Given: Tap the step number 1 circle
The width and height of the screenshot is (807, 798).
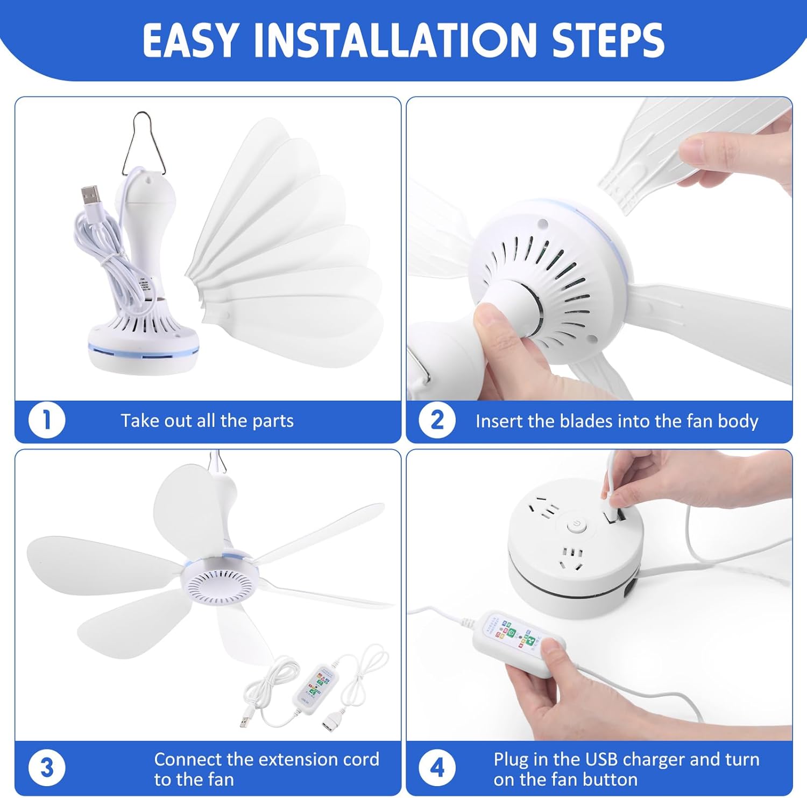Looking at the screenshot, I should point(47,421).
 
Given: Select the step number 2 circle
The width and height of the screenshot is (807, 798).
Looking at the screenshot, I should point(437,421).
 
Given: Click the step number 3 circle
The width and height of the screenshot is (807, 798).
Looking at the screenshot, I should point(47,768).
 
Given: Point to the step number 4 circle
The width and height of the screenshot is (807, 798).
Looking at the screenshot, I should point(437,768).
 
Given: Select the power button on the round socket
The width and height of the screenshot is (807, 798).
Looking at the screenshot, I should point(576,524).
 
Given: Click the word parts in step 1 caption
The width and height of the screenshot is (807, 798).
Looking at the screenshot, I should point(273,421).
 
